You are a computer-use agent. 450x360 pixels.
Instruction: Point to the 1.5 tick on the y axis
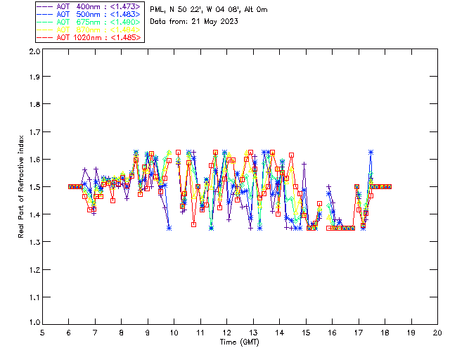click(33, 188)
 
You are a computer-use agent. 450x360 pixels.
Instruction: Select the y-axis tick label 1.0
click(33, 323)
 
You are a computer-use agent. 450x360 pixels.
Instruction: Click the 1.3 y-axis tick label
click(33, 242)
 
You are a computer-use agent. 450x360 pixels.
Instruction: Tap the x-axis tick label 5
click(42, 333)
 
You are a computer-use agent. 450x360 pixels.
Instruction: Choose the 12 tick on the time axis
click(226, 333)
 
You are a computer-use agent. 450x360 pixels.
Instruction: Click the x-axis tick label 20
click(437, 333)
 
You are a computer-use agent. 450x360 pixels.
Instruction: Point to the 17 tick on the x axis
click(358, 333)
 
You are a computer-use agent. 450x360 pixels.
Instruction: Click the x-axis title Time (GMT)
click(240, 342)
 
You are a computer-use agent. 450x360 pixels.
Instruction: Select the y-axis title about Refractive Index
click(22, 188)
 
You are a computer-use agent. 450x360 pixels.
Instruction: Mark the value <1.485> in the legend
click(127, 37)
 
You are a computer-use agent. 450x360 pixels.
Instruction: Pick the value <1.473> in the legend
click(127, 7)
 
